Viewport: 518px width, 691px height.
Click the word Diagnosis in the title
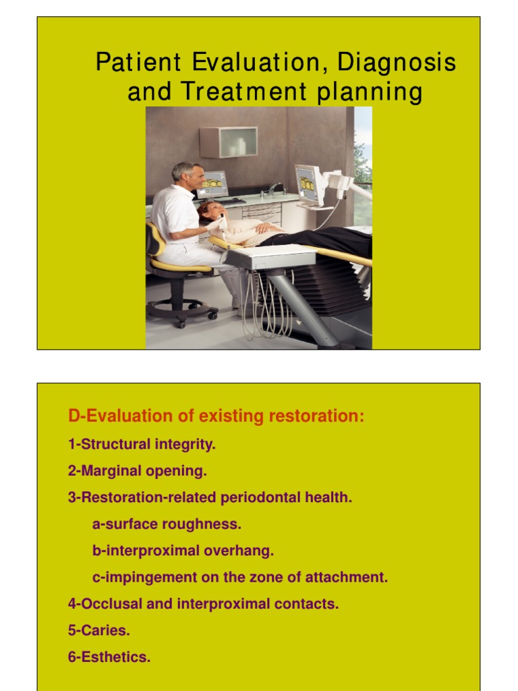397,63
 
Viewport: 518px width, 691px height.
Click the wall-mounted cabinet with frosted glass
228,142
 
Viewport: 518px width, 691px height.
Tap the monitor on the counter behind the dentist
212,184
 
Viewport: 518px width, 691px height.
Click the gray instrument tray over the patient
270,256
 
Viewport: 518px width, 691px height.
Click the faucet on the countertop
272,188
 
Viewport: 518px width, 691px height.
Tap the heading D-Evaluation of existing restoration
216,416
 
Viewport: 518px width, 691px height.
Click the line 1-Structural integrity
142,445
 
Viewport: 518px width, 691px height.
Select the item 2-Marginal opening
138,471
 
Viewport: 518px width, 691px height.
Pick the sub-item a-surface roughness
167,524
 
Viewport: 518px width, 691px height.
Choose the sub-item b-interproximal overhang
183,551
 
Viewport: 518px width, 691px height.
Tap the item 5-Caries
98,630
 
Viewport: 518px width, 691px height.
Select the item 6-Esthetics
109,657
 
